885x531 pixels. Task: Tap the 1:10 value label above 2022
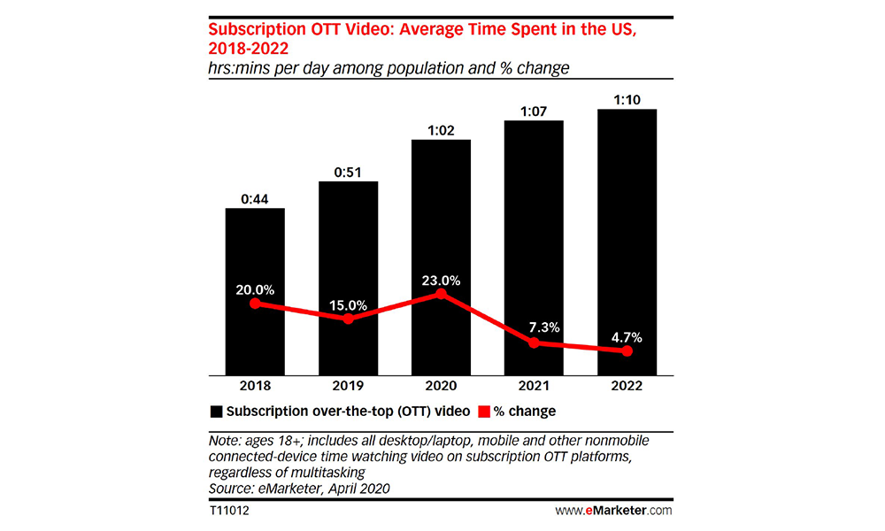[627, 97]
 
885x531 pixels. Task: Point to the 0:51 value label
[348, 170]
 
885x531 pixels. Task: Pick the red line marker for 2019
[348, 319]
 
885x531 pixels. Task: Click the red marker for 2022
[627, 351]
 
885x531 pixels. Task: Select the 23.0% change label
[441, 280]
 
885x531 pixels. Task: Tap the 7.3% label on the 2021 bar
[534, 327]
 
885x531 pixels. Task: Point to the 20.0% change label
[255, 289]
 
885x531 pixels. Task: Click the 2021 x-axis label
[534, 387]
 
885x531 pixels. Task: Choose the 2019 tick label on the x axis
[348, 387]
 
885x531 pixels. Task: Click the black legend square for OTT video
[216, 412]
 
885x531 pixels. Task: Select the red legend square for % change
[484, 412]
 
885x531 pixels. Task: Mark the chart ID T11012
[228, 511]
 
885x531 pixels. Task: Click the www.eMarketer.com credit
[613, 511]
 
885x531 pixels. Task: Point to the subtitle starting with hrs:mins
[389, 67]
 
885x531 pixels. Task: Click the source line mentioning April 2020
[299, 489]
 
